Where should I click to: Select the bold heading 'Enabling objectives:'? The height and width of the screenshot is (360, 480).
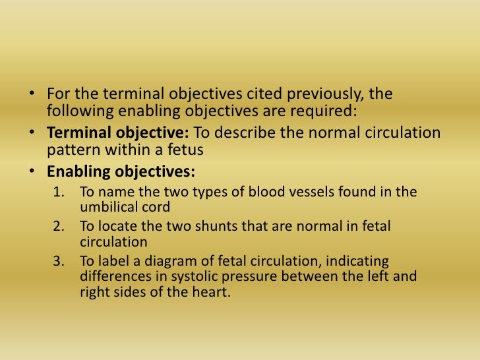click(x=121, y=172)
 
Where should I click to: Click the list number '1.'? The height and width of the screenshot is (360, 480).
click(x=60, y=193)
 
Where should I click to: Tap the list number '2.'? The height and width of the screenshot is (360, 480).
click(x=60, y=226)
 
